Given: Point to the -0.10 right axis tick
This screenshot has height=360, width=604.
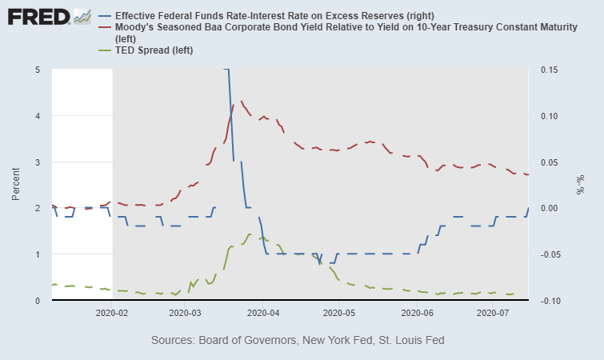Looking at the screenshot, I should pyautogui.click(x=549, y=301).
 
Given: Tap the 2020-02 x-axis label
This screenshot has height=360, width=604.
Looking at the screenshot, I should pyautogui.click(x=112, y=314).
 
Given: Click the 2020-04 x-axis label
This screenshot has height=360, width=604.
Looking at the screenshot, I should pyautogui.click(x=266, y=314).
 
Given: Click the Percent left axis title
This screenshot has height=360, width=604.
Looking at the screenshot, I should pyautogui.click(x=16, y=185).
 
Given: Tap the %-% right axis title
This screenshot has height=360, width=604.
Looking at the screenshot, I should pyautogui.click(x=582, y=185).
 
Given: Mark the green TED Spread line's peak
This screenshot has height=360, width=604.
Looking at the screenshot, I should pyautogui.click(x=250, y=234).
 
